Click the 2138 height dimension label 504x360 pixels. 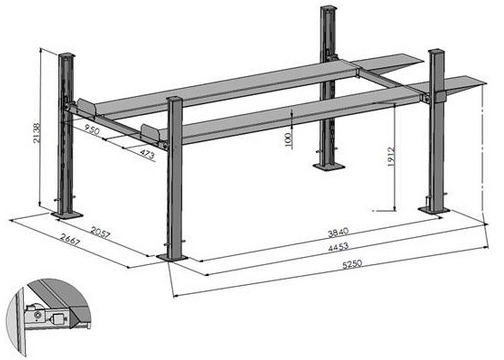tap(37, 133)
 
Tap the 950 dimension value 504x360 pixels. tap(92, 129)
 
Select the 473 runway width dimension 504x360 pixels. tap(147, 154)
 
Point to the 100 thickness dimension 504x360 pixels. tap(288, 140)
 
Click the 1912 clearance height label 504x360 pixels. tap(391, 157)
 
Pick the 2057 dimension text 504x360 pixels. tap(100, 233)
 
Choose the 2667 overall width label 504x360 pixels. tap(70, 239)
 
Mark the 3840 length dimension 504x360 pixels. tap(338, 232)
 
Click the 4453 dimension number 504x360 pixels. tap(338, 247)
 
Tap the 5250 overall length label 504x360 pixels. tap(352, 264)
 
